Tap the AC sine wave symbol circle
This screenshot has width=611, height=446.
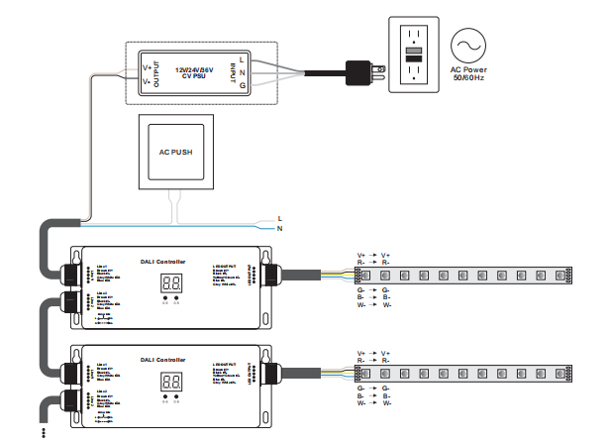[470, 47]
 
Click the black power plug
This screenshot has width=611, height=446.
[356, 71]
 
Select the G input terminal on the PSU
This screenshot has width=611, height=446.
[243, 86]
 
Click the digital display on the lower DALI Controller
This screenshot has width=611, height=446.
[170, 381]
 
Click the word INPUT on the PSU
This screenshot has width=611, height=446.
[232, 72]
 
